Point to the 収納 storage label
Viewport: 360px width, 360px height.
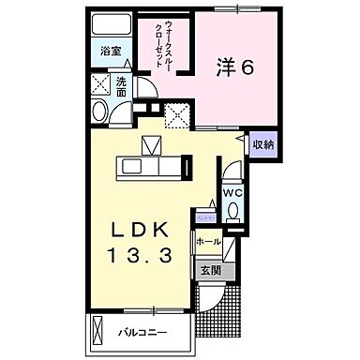[x=262, y=144]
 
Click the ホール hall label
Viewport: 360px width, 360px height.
[x=209, y=242]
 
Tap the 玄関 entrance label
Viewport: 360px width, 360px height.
[x=211, y=271]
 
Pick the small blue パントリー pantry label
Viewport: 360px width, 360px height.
[x=203, y=216]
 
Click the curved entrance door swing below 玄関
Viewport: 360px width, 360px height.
[x=214, y=298]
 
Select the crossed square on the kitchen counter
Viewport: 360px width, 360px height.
[x=153, y=146]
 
